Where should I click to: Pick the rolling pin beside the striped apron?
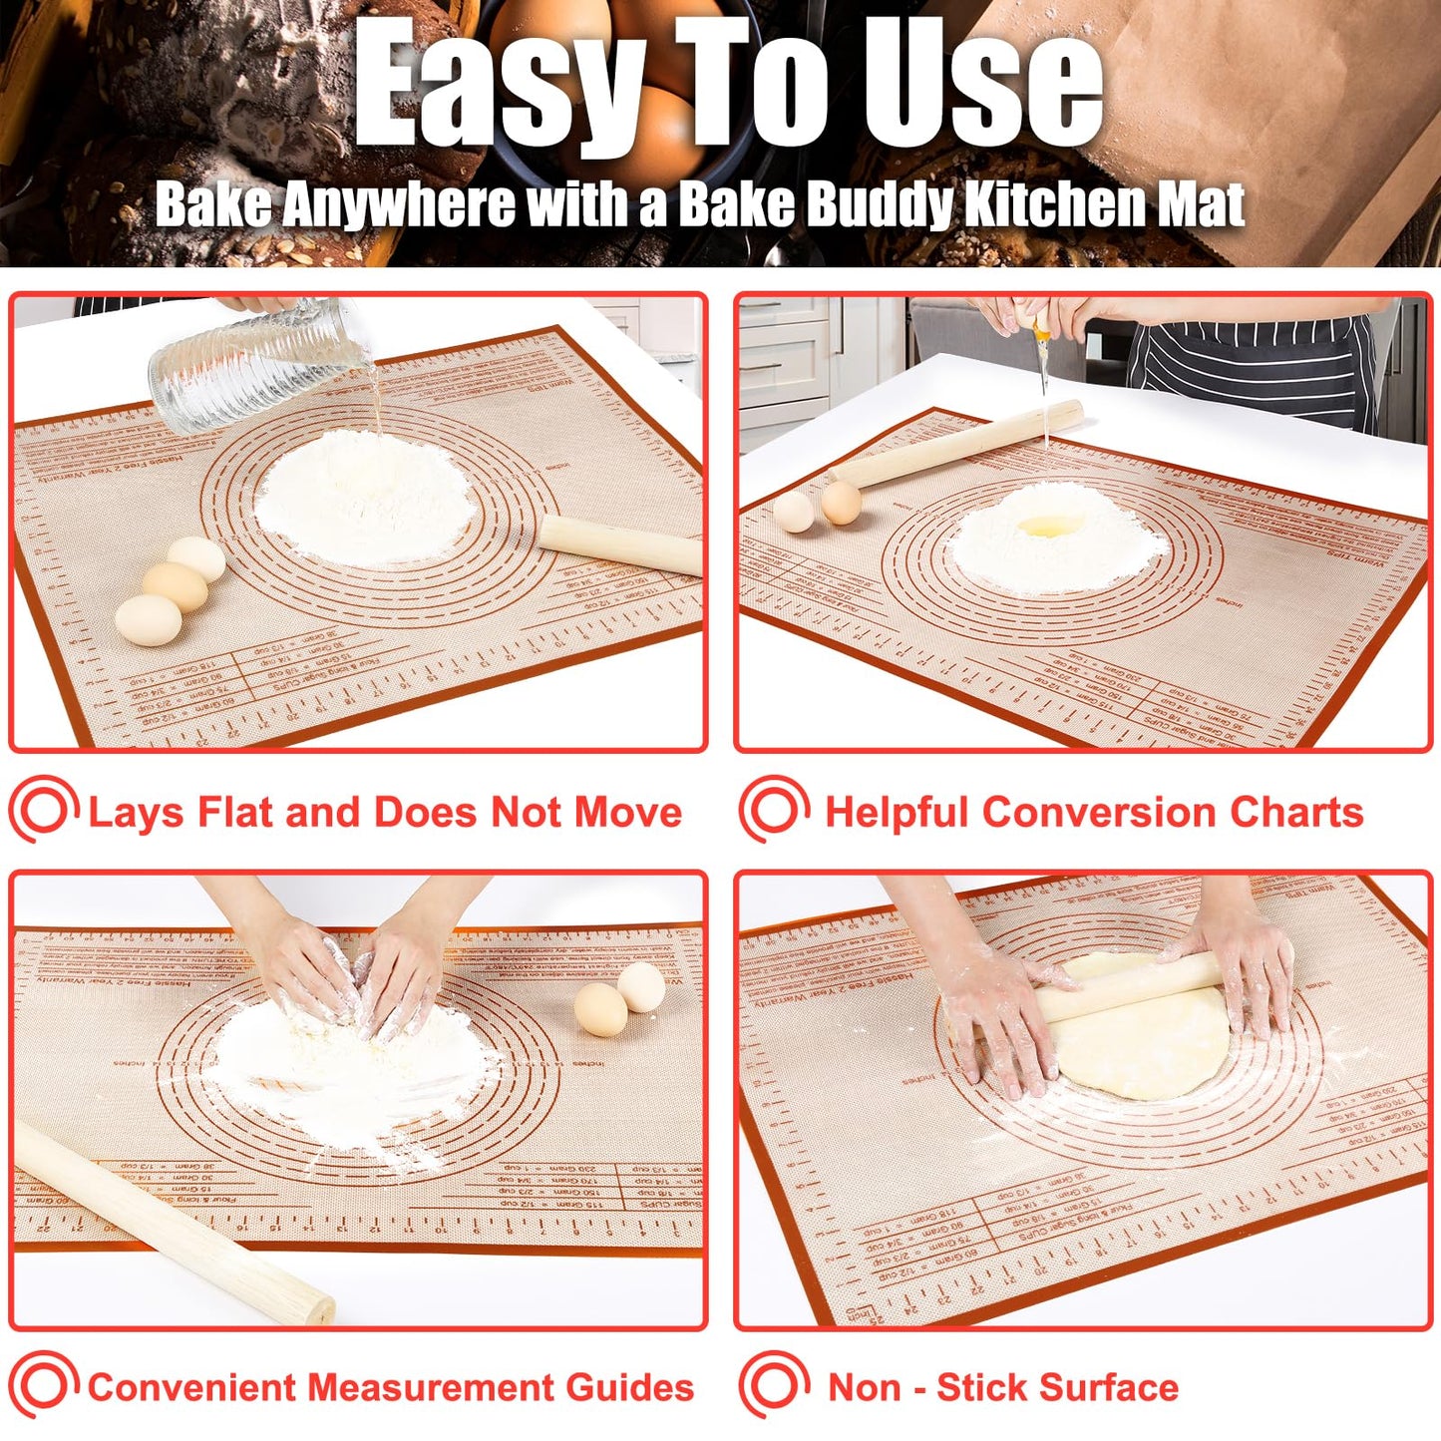click(x=957, y=445)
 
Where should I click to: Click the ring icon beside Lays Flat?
click(x=43, y=810)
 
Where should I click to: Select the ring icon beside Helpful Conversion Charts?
click(x=774, y=810)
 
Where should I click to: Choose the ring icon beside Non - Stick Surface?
click(x=774, y=1385)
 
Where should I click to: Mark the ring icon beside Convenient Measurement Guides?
click(x=43, y=1385)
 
